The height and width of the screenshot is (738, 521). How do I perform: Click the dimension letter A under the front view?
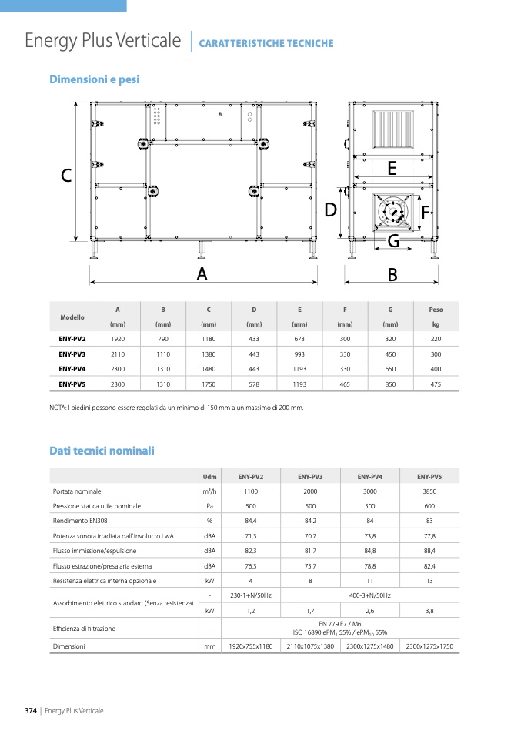tap(202, 273)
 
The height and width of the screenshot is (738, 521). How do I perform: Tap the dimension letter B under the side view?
tap(392, 273)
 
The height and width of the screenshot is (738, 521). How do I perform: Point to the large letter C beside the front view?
tap(67, 176)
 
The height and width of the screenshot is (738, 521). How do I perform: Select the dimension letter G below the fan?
tap(393, 241)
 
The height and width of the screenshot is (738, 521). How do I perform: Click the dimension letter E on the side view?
tap(392, 168)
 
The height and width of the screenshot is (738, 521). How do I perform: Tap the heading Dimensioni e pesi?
tap(94, 79)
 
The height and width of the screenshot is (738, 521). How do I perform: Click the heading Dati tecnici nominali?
tap(102, 451)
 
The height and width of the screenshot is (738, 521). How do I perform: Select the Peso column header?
tap(436, 310)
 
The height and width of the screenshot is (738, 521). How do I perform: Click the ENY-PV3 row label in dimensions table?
tap(72, 354)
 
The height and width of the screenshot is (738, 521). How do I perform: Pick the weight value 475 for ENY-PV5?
tap(436, 384)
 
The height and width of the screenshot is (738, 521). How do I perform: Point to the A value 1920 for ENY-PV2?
tap(118, 339)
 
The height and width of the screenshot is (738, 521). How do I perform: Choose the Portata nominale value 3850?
tap(429, 491)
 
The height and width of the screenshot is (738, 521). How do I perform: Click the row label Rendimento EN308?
tap(79, 521)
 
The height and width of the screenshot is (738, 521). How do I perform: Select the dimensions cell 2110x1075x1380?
tap(310, 646)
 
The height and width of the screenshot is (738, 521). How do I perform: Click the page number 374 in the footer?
tap(31, 710)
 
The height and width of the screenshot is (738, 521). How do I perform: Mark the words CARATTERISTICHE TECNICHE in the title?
tap(266, 44)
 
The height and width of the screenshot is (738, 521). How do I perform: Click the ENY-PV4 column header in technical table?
tap(369, 477)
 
